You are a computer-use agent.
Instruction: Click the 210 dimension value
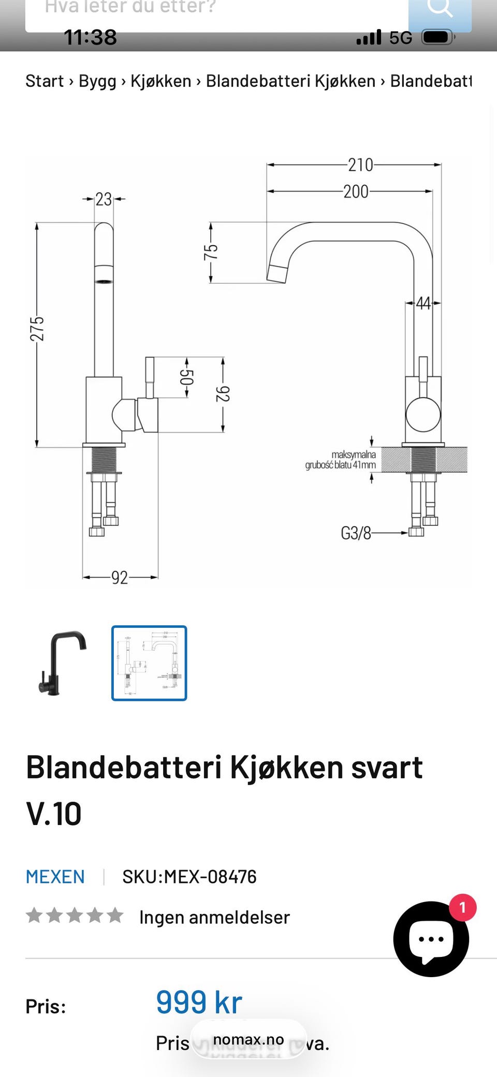(x=360, y=165)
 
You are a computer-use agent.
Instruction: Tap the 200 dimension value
(x=356, y=191)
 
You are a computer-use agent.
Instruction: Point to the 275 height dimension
(x=37, y=329)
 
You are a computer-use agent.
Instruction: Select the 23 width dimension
(x=104, y=199)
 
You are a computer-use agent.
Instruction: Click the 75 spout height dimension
(x=211, y=252)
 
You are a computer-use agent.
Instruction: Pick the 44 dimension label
(x=423, y=303)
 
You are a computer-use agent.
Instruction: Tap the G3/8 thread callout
(x=356, y=533)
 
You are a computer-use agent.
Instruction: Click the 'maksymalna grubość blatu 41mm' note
(x=341, y=460)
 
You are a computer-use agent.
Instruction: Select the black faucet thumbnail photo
(x=62, y=663)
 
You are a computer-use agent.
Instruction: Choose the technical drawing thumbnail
(x=149, y=663)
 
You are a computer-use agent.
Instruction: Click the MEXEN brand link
(x=55, y=877)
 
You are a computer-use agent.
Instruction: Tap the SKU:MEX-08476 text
(x=189, y=877)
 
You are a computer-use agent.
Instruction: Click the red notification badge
(x=462, y=907)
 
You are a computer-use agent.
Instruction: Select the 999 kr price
(x=199, y=1002)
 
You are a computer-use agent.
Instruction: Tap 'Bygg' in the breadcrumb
(x=97, y=81)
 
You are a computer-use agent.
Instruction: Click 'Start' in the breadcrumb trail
(x=45, y=81)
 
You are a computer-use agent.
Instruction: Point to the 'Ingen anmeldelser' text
(x=214, y=918)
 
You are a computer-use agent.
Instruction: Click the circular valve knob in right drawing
(x=423, y=415)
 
